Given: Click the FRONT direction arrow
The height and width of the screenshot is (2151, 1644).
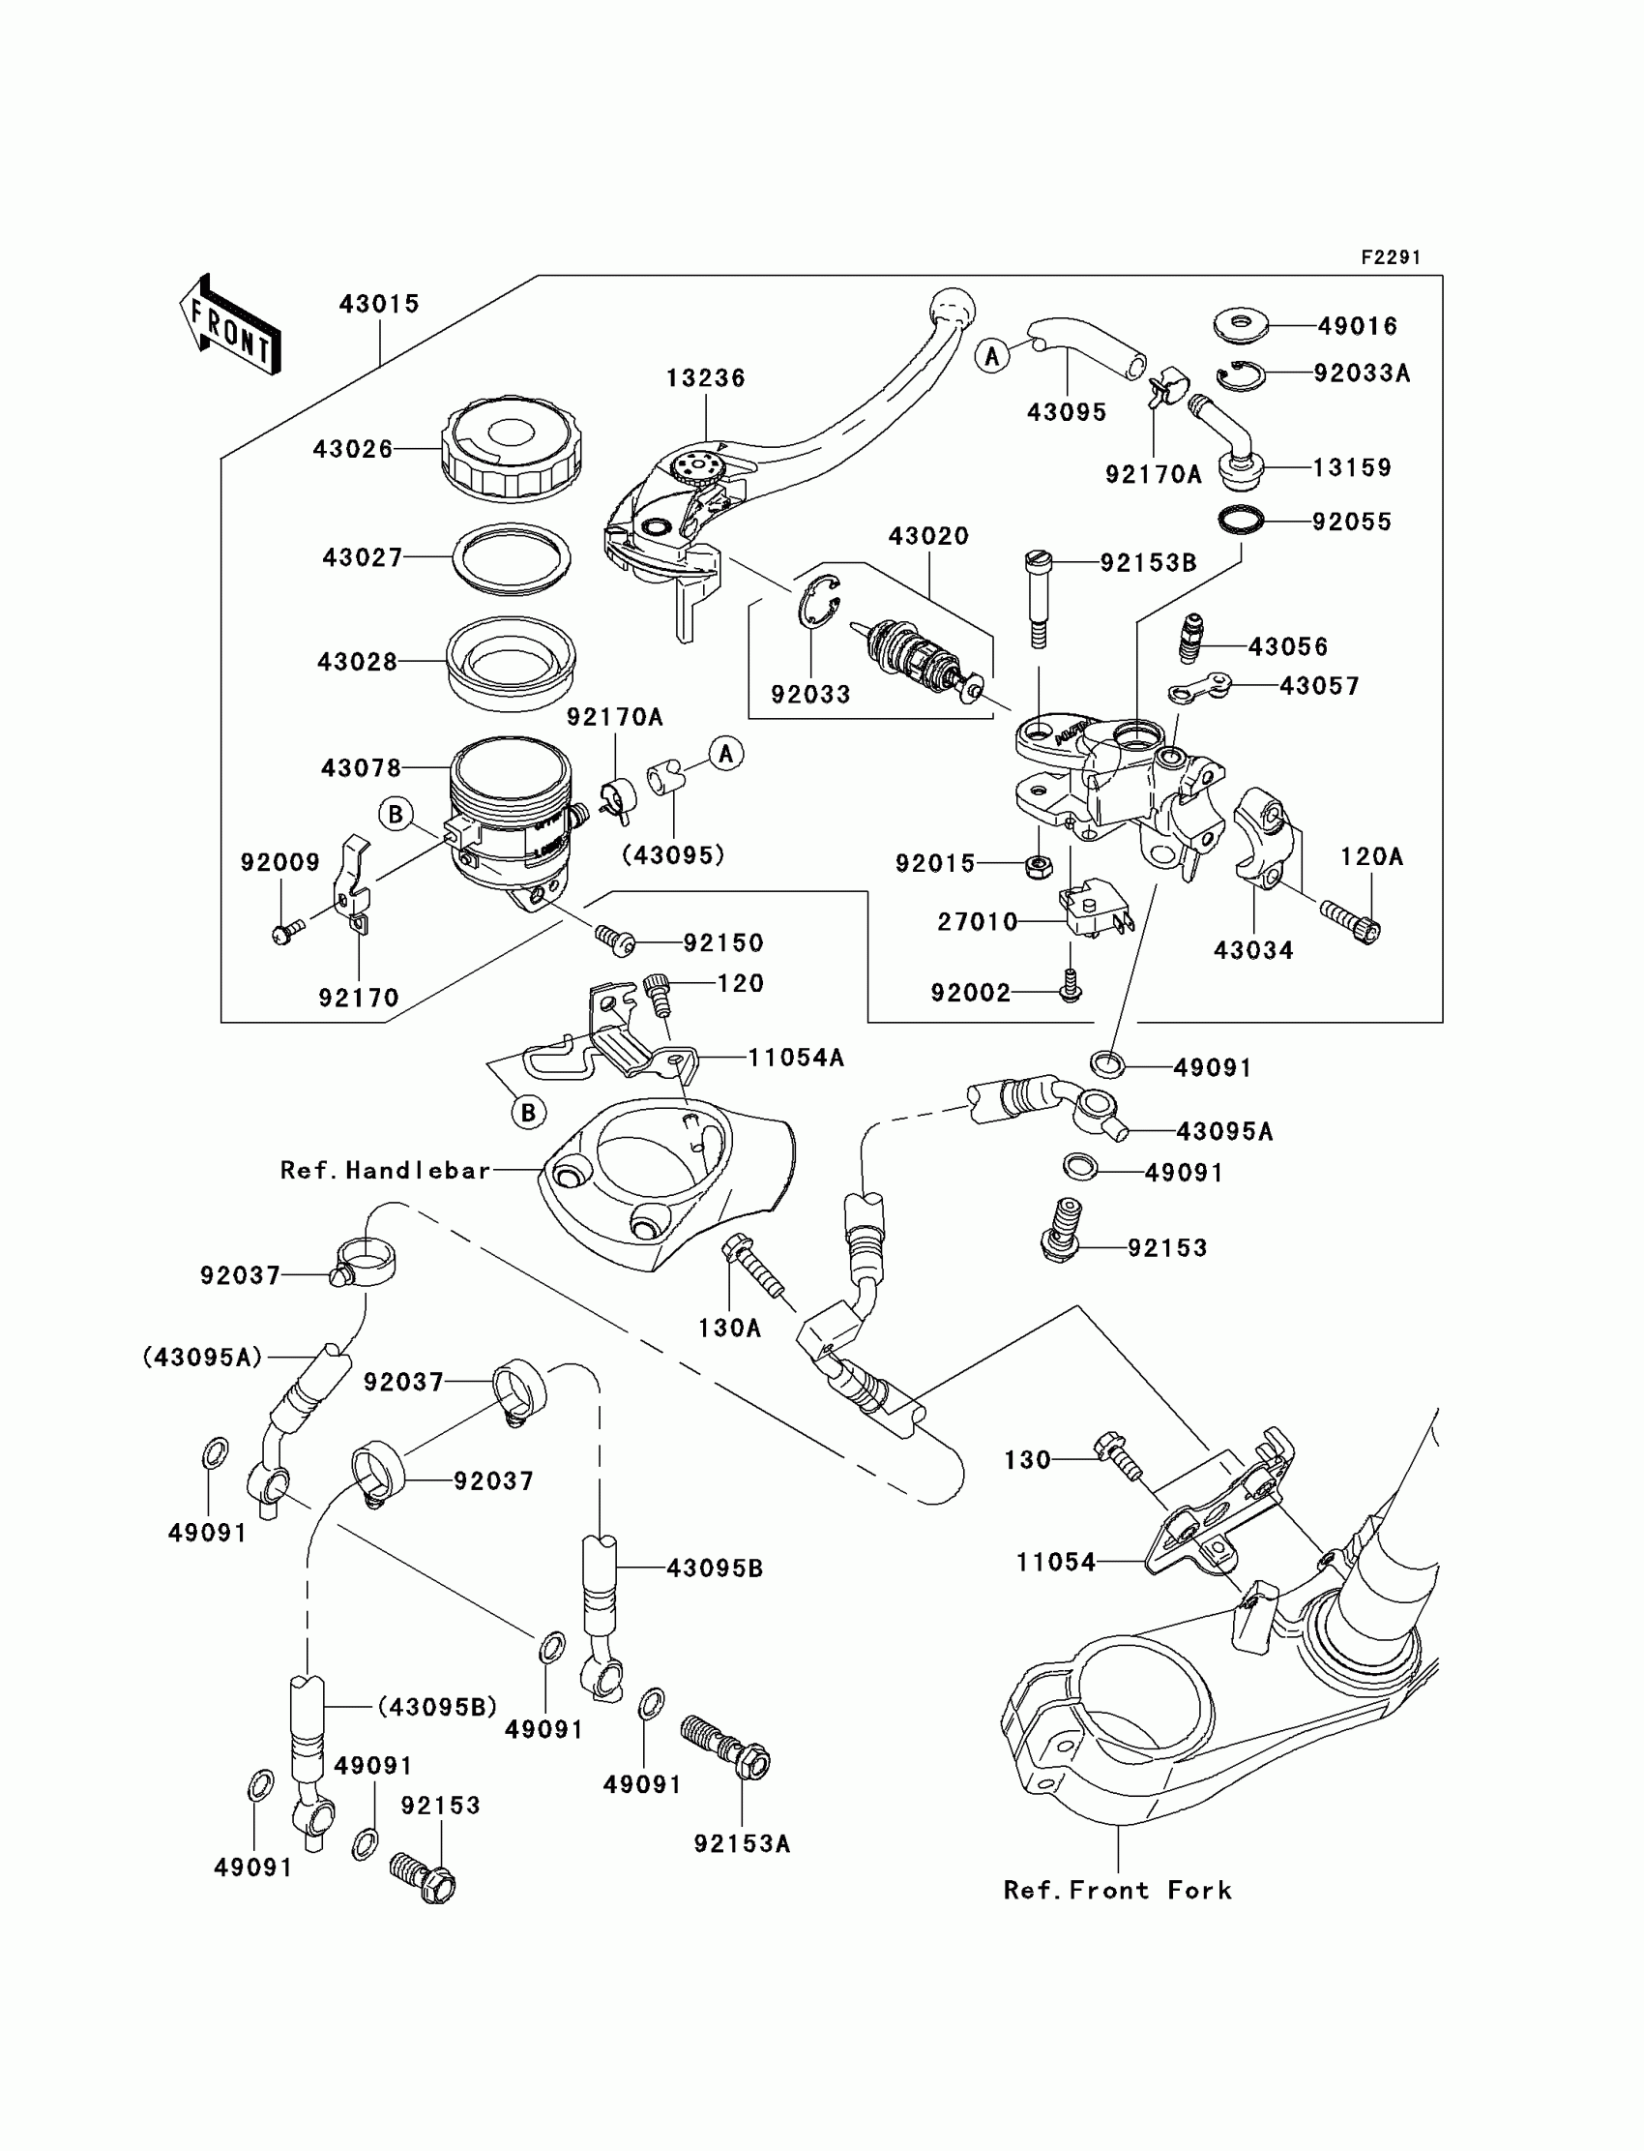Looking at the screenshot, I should (x=231, y=326).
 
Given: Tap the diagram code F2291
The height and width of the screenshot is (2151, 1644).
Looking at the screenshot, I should (x=1390, y=257).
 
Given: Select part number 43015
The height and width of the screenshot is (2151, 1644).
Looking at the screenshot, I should (x=379, y=305).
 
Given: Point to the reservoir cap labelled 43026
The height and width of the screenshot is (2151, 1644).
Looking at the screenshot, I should (x=511, y=449).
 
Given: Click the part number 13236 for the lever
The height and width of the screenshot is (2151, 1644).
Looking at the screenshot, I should (x=706, y=378).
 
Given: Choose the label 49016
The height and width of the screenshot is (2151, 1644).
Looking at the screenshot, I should (x=1358, y=326).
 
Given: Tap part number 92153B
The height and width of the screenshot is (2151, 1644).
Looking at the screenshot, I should (x=1148, y=563).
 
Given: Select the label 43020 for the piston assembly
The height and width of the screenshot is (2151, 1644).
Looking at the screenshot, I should (x=927, y=536).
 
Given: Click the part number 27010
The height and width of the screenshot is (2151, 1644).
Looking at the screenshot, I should (x=978, y=922).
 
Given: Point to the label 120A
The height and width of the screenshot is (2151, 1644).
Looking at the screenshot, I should (x=1371, y=857).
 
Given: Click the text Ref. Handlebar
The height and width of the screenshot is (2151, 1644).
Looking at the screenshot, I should (x=385, y=1171).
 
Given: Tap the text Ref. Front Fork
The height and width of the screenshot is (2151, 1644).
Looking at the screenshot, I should (x=1118, y=1891).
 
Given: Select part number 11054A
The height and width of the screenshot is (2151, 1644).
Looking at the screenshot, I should (x=796, y=1058).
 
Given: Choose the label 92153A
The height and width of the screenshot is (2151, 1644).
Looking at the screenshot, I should (x=742, y=1843).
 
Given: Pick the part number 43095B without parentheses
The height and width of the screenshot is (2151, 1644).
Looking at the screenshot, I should (x=715, y=1568).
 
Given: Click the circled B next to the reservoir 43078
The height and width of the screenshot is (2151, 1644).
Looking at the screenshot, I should (x=396, y=814).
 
